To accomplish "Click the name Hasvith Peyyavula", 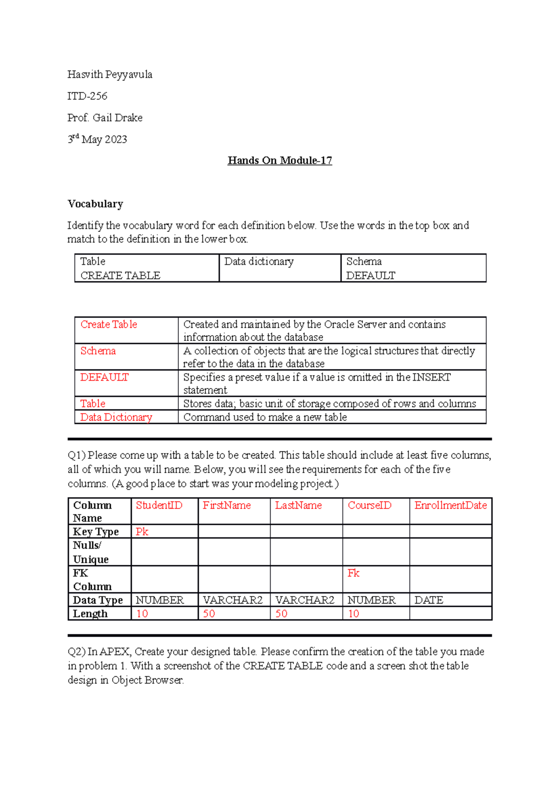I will tap(109, 75).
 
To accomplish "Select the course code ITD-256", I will tap(87, 96).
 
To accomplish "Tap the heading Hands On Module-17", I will tap(279, 160).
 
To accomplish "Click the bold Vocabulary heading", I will tap(95, 204).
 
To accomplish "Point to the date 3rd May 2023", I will tap(97, 139).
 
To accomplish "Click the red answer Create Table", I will tap(109, 325).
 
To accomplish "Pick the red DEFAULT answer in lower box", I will tap(104, 377).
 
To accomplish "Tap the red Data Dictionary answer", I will tap(116, 417).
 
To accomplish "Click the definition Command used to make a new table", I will tap(265, 417).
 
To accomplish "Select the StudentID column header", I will tap(159, 506).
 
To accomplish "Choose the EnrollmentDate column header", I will tap(450, 506).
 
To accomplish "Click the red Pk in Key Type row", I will tap(142, 532).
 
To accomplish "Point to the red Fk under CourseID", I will tap(353, 573).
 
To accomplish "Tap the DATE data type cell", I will tap(429, 600).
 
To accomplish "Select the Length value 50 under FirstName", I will tap(209, 614).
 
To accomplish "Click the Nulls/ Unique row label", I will tap(90, 552).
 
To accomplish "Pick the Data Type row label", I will tap(98, 600).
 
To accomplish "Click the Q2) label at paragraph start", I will tap(76, 652).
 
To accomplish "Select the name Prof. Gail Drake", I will tap(105, 118).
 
